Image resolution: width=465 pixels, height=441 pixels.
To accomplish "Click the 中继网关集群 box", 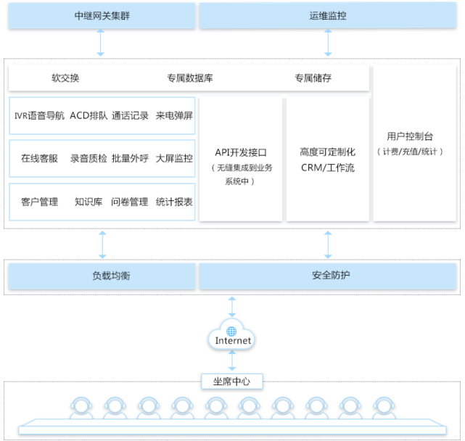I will (102, 16).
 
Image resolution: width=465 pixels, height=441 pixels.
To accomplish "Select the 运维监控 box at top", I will (328, 16).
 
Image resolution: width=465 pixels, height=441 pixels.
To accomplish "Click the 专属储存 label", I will (313, 78).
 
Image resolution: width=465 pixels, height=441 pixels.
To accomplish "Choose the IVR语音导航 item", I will (39, 115).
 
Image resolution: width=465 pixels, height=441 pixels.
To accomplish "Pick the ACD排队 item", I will (89, 115).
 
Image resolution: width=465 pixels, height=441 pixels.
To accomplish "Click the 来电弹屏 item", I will (174, 115).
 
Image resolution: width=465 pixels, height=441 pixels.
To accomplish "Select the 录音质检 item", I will (89, 158).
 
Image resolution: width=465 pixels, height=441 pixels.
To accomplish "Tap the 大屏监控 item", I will (174, 158).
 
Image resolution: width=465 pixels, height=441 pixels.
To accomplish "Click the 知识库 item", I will (89, 202).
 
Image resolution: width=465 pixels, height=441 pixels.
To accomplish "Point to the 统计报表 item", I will (174, 202).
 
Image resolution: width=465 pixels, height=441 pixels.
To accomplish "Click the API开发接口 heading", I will (242, 153).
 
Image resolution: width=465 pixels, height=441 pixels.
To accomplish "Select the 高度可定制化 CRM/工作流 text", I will (327, 160).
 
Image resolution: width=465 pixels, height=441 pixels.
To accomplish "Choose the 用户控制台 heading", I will (410, 136).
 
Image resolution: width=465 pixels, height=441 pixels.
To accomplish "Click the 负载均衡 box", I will (102, 276).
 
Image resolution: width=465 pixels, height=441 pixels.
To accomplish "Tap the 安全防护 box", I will (328, 276).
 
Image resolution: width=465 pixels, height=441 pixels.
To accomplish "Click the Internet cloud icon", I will (232, 337).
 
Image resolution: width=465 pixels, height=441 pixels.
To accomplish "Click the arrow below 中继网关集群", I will (101, 44).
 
